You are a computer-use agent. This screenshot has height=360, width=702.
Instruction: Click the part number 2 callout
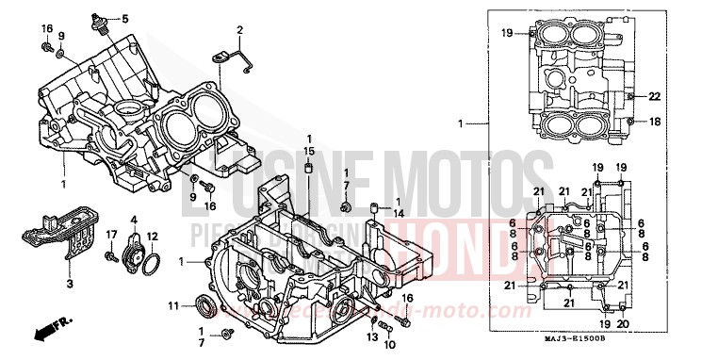[239, 30]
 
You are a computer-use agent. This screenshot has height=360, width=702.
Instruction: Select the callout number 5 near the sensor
[125, 19]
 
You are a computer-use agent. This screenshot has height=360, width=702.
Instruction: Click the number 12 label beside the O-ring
[152, 236]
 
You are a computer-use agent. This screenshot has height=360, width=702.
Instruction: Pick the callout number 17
[110, 235]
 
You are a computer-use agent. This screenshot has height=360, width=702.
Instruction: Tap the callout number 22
[655, 95]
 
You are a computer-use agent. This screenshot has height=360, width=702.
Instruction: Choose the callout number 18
[655, 122]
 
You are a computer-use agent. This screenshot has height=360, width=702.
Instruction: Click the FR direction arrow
[48, 331]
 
